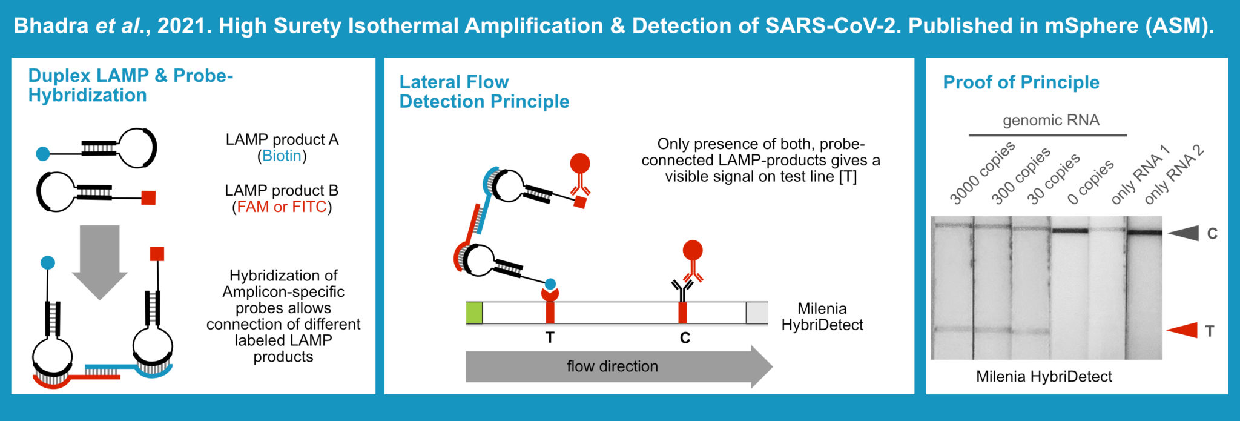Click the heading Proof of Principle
point(1021,82)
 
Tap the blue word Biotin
point(282,156)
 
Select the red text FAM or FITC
point(282,207)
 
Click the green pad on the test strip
point(474,313)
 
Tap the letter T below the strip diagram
point(550,338)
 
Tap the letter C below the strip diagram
point(685,338)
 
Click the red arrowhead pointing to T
point(1184,330)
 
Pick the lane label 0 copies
point(1090,182)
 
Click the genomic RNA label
point(1050,120)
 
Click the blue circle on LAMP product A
point(43,153)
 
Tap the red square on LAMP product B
point(148,197)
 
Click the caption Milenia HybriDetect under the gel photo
point(1044,377)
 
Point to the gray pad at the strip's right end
point(756,313)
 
